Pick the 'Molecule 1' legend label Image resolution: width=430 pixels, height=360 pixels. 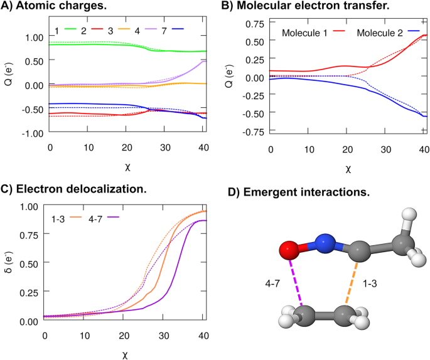(x=303, y=32)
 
